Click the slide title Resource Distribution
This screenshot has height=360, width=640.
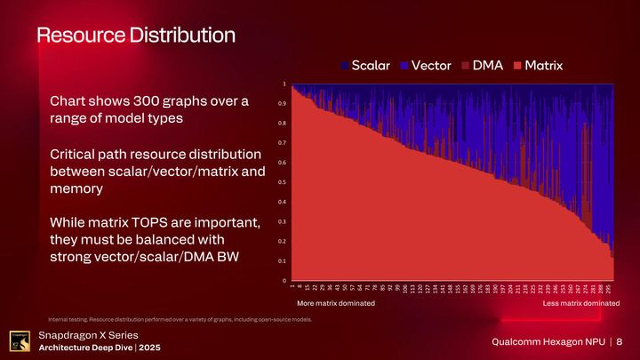click(135, 36)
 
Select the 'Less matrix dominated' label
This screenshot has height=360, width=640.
click(581, 303)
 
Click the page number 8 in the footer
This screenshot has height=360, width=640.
click(619, 342)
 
